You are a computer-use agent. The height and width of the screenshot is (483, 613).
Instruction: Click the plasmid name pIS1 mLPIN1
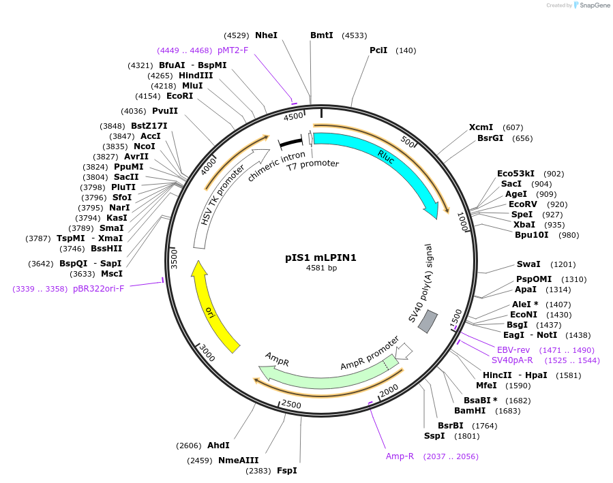tap(320, 258)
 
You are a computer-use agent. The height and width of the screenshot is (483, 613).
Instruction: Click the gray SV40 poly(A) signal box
tap(428, 322)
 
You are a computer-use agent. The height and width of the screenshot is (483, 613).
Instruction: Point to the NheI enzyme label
tap(266, 35)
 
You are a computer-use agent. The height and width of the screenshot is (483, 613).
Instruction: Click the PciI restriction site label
tap(378, 50)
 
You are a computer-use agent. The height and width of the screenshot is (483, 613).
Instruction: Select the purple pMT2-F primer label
tap(233, 50)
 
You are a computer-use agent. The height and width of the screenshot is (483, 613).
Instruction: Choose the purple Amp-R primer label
tap(400, 456)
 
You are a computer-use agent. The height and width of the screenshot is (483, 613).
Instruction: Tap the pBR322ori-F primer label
tap(99, 288)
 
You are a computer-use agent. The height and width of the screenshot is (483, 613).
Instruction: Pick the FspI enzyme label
tap(286, 470)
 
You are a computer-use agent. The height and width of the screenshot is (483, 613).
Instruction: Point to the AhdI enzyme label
tap(218, 446)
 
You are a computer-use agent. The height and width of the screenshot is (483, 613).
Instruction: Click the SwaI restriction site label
tap(528, 264)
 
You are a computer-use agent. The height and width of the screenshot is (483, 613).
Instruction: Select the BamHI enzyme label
tap(470, 410)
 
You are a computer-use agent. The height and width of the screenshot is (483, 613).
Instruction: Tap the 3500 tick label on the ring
tap(173, 259)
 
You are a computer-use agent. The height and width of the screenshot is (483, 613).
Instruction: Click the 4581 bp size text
tap(321, 268)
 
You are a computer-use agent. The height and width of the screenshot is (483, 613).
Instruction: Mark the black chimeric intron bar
tap(291, 142)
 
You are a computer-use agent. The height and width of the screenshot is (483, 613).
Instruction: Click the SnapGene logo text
tap(595, 5)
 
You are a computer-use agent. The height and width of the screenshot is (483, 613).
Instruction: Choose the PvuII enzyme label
tap(164, 111)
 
